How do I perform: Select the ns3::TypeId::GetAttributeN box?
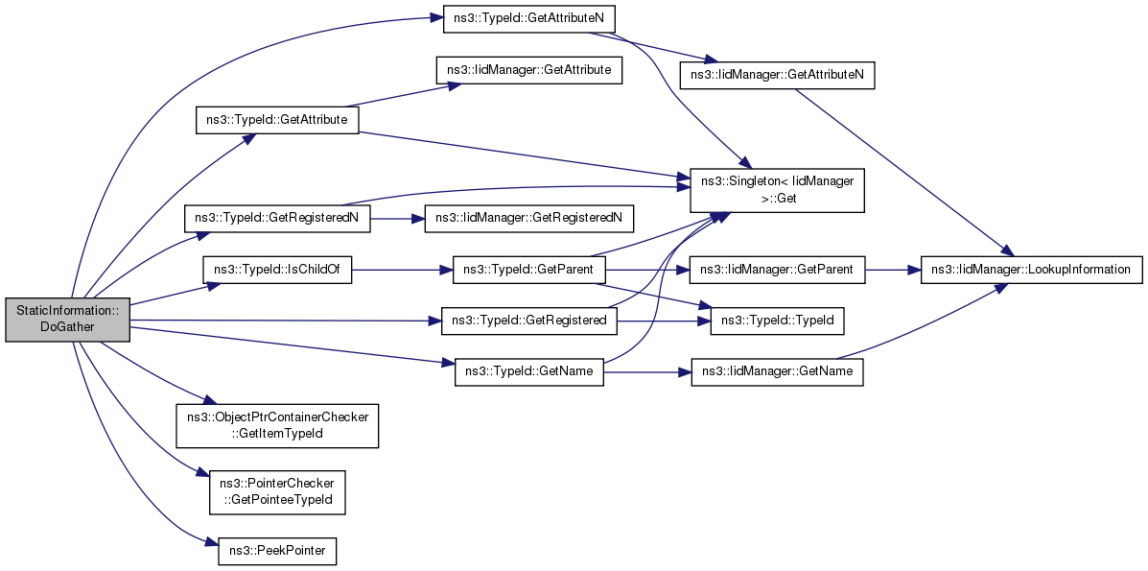[528, 20]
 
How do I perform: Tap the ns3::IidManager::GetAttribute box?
[528, 71]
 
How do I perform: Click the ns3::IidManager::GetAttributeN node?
[777, 76]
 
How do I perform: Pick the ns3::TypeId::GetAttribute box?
[277, 120]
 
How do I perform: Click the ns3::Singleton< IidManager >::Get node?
[778, 188]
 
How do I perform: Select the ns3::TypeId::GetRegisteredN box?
[277, 218]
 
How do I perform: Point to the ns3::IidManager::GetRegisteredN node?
[528, 218]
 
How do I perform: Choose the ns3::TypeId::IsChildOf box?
[277, 271]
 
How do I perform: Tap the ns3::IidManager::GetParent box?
[778, 271]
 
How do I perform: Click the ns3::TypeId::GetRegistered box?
[528, 321]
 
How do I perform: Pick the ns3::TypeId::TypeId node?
[777, 321]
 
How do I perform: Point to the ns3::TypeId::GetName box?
[528, 371]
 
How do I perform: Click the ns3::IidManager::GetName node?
[778, 371]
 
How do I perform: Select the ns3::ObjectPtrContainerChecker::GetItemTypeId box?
[277, 425]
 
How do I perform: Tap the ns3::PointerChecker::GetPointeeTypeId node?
[277, 491]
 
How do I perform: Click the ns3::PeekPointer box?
[277, 552]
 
